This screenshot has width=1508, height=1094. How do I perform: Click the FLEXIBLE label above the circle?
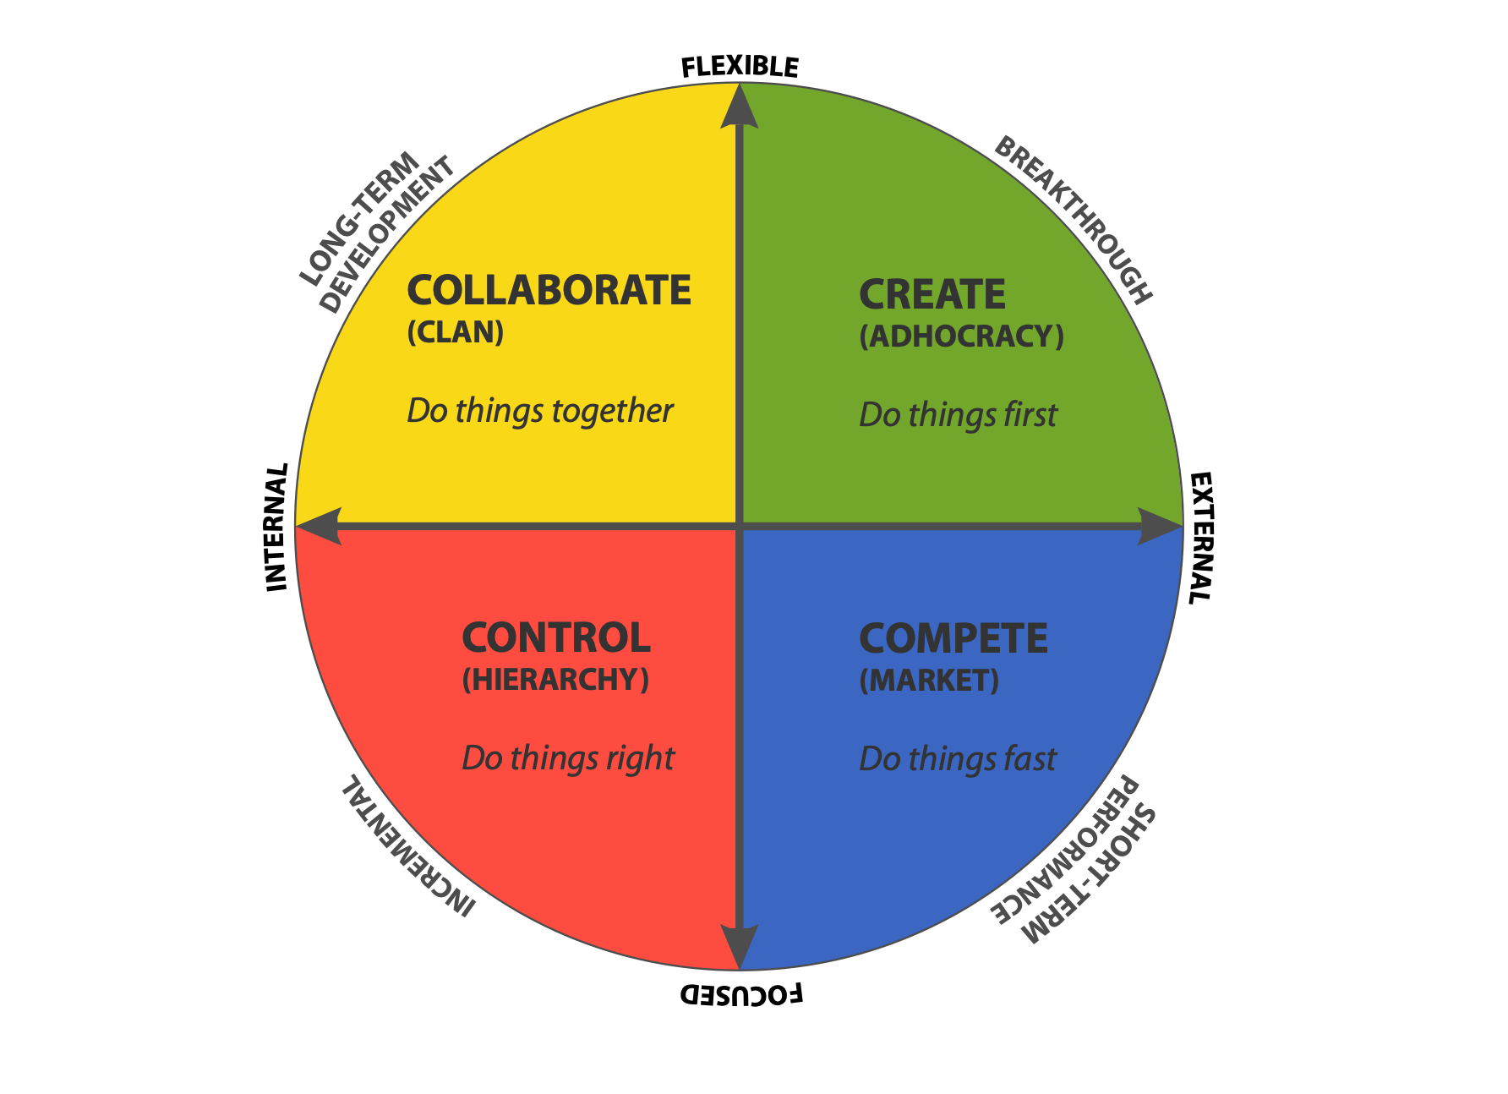[x=740, y=67]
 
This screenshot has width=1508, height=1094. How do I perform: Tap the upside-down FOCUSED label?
[x=741, y=994]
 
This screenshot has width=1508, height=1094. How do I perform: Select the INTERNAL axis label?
[x=277, y=527]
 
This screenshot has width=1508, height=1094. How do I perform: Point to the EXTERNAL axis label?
[x=1201, y=538]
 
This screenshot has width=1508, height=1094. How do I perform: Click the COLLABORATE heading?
[x=549, y=291]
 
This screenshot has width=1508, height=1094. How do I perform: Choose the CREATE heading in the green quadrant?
[x=932, y=295]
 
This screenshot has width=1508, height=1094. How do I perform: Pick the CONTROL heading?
[x=556, y=638]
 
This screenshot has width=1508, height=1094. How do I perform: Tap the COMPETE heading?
[x=953, y=639]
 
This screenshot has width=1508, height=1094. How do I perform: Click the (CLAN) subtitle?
[x=456, y=332]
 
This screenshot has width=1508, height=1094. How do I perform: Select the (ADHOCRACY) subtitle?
[x=962, y=336]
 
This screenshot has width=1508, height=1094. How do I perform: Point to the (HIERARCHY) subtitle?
[x=556, y=680]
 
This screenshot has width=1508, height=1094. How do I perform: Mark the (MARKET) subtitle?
[x=930, y=681]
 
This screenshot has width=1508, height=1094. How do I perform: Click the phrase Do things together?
[x=540, y=412]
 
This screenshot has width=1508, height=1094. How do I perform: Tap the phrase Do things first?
[x=958, y=415]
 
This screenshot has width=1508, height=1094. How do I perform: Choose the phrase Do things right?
[x=568, y=759]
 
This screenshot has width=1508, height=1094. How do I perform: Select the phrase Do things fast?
[x=958, y=759]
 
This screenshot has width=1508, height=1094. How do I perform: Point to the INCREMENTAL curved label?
[x=408, y=846]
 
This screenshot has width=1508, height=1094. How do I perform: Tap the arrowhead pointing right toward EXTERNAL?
[x=1160, y=527]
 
